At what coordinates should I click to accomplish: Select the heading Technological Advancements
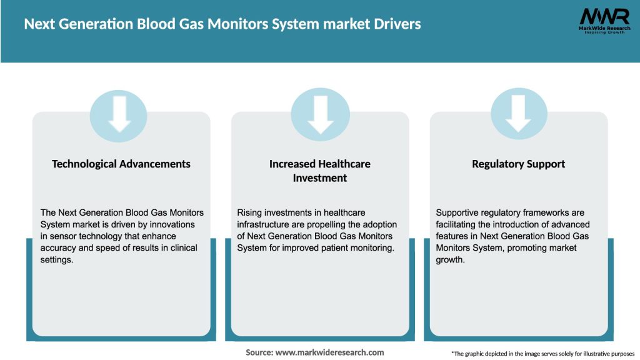pos(121,164)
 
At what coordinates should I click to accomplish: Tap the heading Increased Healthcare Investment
pos(320,171)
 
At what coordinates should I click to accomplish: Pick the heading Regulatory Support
pos(518,164)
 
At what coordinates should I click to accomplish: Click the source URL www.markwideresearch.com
pos(329,352)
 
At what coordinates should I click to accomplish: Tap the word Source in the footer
pos(259,352)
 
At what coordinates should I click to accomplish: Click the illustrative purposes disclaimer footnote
pos(542,354)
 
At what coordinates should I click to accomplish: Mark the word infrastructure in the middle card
pos(262,224)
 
